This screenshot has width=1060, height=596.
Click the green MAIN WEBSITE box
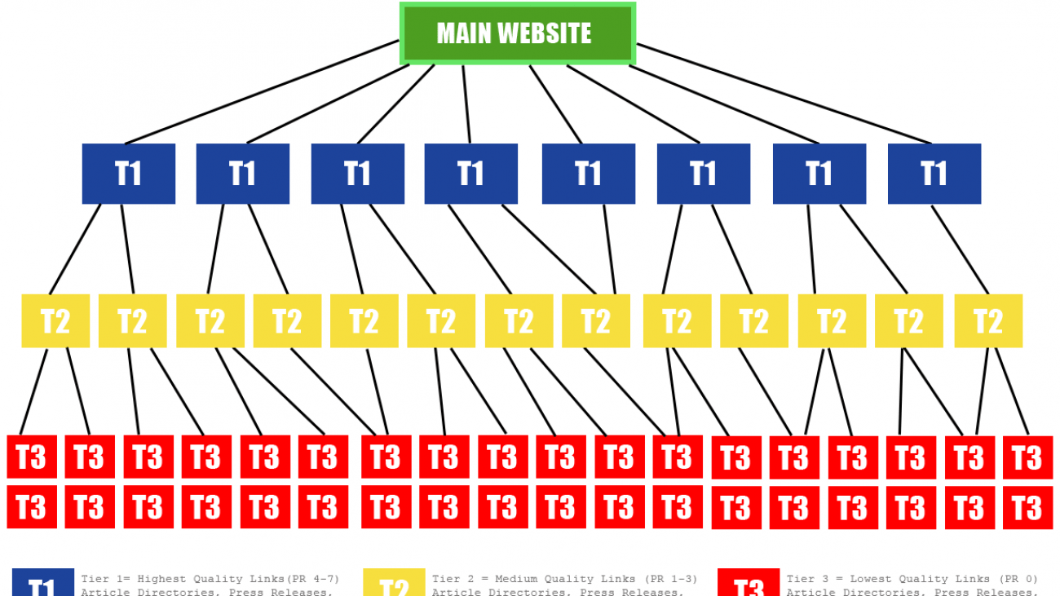point(517,33)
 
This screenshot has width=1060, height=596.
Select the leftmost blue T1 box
point(129,174)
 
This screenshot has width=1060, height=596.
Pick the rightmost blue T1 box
point(934,174)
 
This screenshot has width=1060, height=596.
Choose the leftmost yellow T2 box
point(55,321)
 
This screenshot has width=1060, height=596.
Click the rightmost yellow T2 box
point(988,321)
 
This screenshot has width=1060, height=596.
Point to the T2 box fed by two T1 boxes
point(596,321)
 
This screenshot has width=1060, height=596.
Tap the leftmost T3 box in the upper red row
point(32,457)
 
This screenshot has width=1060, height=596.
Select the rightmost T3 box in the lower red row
point(1027,507)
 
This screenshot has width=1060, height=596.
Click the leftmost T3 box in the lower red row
point(32,507)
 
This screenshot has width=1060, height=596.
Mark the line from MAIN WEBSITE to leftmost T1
point(261,92)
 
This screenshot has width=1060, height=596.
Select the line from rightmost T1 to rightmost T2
point(961,249)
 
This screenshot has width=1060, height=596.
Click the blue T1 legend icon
point(42,584)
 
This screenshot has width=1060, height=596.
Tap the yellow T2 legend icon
point(394,584)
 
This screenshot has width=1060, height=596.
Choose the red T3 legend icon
point(748,584)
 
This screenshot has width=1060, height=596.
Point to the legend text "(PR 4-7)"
point(313,579)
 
